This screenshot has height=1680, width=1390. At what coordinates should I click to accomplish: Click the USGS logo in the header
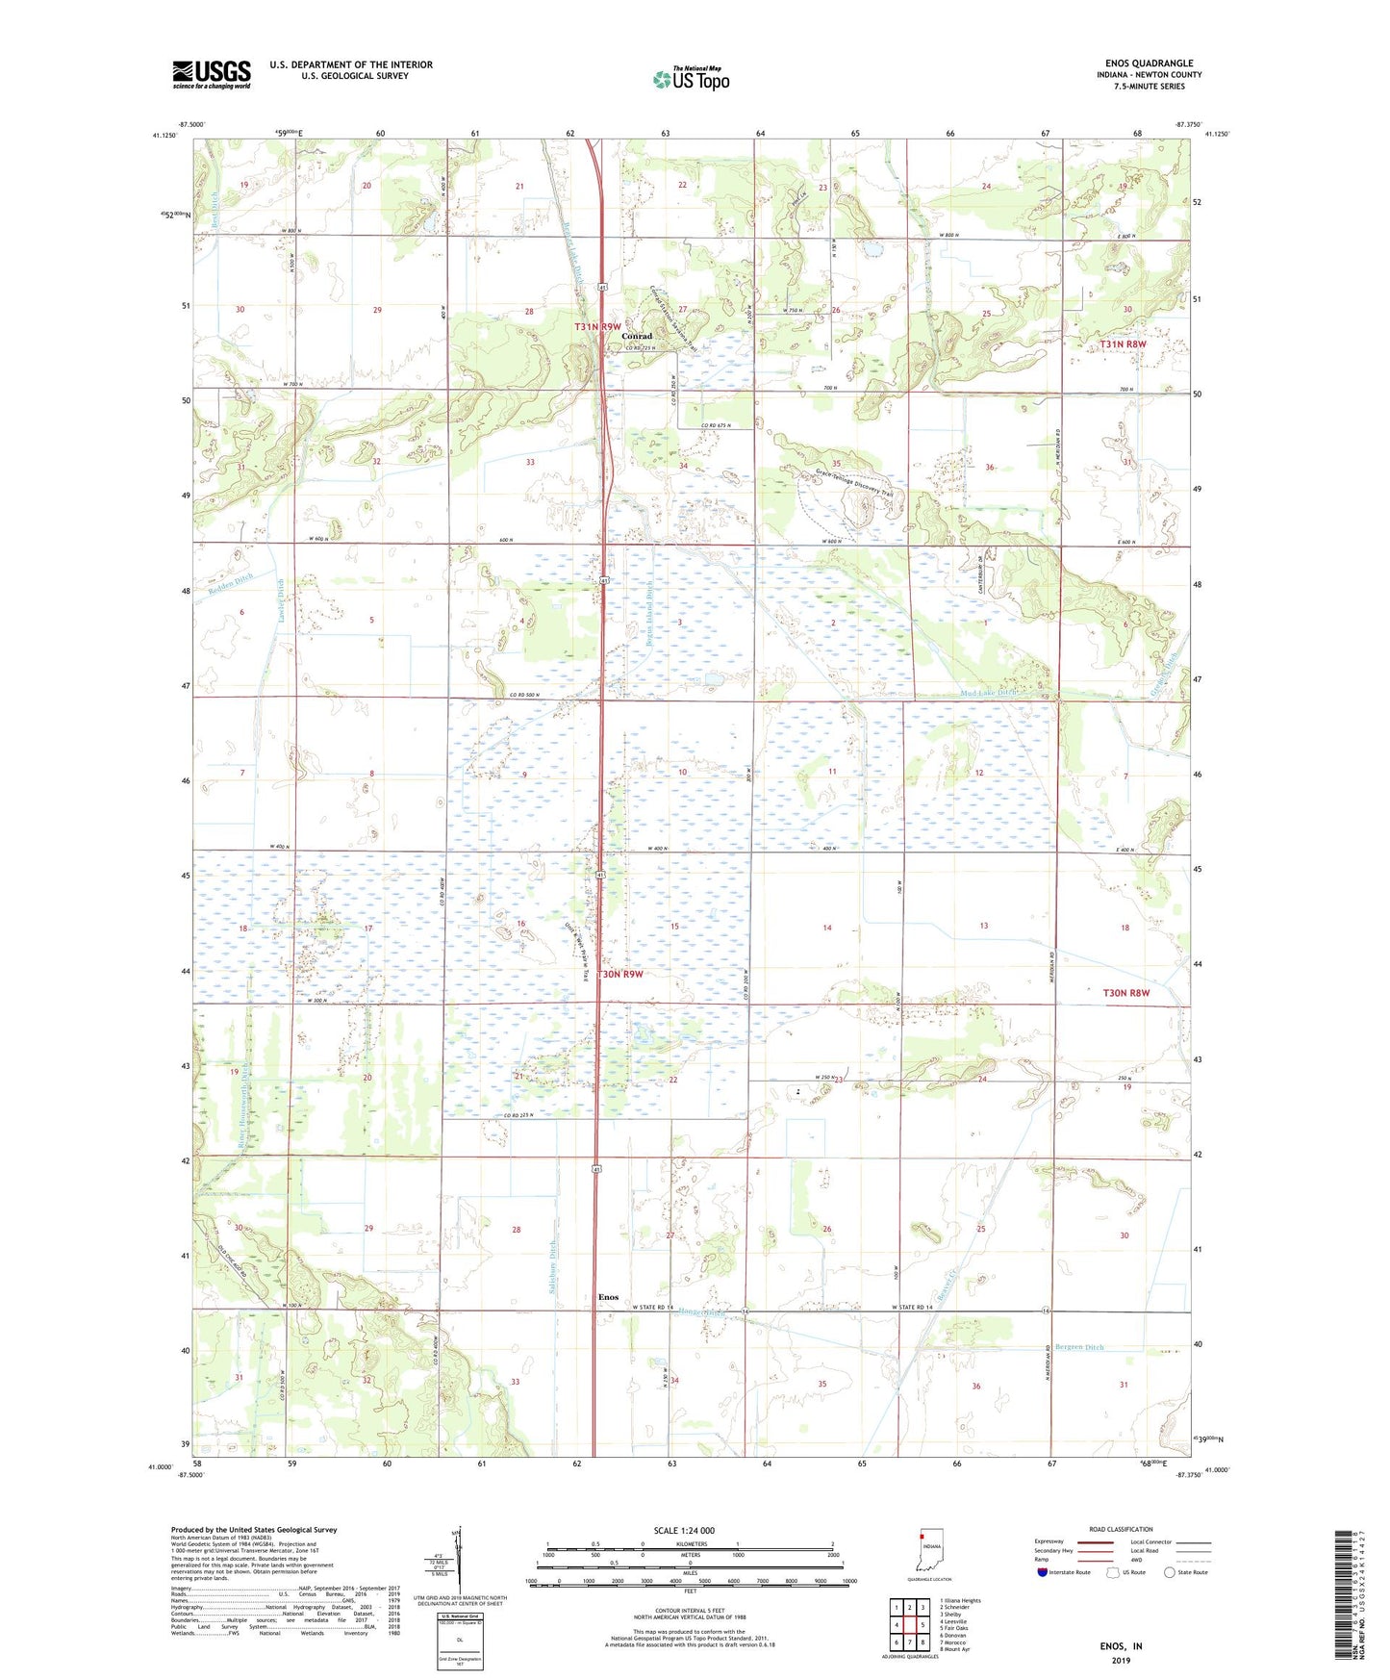[x=212, y=74]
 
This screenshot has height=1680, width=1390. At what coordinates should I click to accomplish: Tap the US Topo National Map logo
[x=691, y=78]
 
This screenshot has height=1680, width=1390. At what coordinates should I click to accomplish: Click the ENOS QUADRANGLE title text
[x=1150, y=64]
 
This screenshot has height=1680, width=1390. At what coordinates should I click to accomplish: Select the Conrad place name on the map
[x=636, y=337]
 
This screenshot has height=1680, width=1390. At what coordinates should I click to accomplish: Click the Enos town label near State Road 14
[x=608, y=1297]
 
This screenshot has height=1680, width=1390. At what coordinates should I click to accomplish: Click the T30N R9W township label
[x=620, y=974]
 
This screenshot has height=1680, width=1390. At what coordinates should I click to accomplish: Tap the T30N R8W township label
[x=1125, y=992]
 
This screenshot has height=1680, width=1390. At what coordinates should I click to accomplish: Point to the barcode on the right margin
[x=1346, y=1598]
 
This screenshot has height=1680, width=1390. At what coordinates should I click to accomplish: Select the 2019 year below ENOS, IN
[x=1121, y=1660]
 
